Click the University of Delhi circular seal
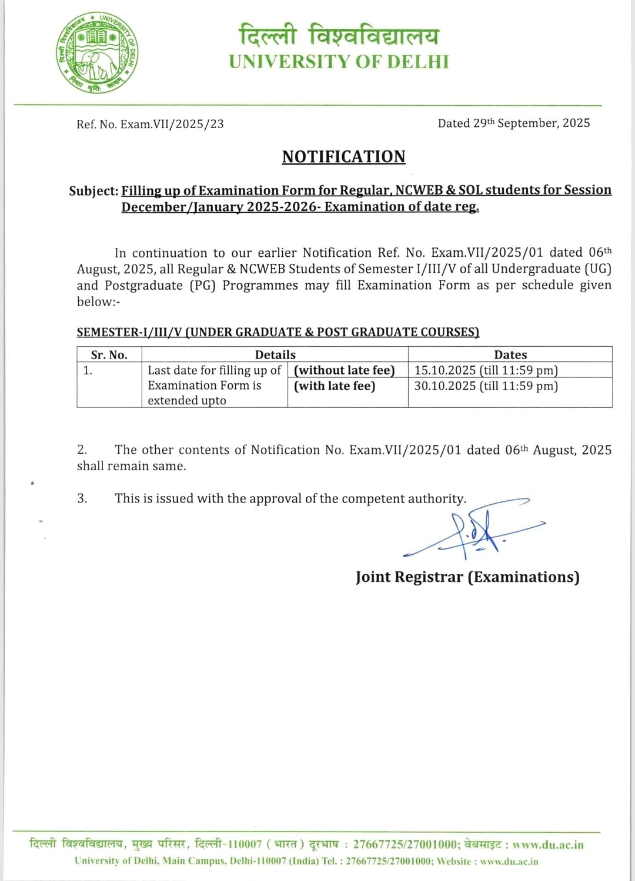click(x=98, y=53)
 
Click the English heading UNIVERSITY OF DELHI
click(x=339, y=62)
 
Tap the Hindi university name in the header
click(x=339, y=35)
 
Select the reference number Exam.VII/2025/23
click(x=172, y=124)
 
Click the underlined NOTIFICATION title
click(x=343, y=157)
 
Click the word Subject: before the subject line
click(x=93, y=191)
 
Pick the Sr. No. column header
click(x=109, y=355)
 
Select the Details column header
click(x=275, y=355)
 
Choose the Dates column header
click(x=510, y=355)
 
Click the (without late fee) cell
click(x=345, y=370)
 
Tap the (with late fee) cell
click(x=335, y=386)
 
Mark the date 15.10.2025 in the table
click(x=445, y=370)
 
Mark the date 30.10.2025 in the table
click(x=445, y=386)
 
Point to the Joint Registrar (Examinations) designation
click(x=467, y=577)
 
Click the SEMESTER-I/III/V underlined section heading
click(x=278, y=332)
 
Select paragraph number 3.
click(x=82, y=498)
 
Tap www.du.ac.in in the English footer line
click(x=509, y=862)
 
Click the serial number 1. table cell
click(x=88, y=370)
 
